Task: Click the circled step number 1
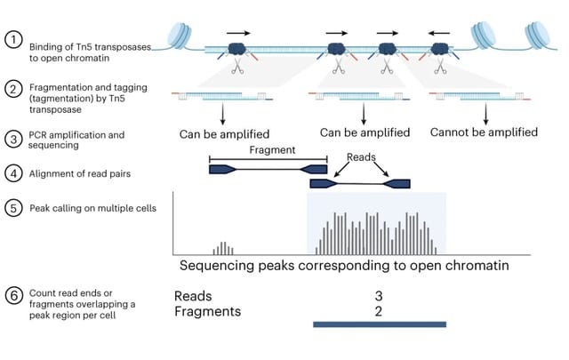click(x=12, y=40)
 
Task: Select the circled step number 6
click(x=12, y=298)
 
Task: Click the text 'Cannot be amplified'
click(x=484, y=132)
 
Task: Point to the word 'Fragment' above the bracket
click(x=272, y=150)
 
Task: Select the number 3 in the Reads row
click(x=378, y=296)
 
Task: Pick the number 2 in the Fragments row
click(x=378, y=311)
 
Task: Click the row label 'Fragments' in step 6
click(x=207, y=312)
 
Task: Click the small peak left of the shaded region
click(x=223, y=247)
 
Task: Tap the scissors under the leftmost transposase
click(x=237, y=68)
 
